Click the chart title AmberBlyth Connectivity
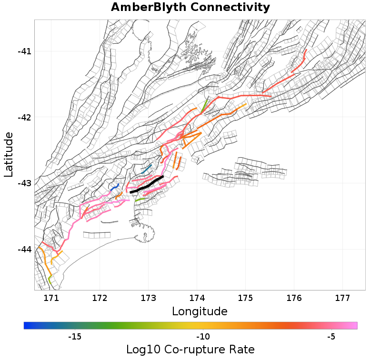coord(190,8)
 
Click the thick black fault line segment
coord(147,184)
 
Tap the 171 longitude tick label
coord(51,298)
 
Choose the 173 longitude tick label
coord(148,298)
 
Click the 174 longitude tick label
coord(197,298)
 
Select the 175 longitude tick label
coord(245,298)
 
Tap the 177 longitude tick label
coord(342,298)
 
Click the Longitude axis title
coord(200,311)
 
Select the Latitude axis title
coord(9,155)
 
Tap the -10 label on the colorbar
coord(203,337)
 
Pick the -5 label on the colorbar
coord(331,337)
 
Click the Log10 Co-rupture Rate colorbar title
coord(190,350)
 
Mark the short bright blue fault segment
coord(115,188)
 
